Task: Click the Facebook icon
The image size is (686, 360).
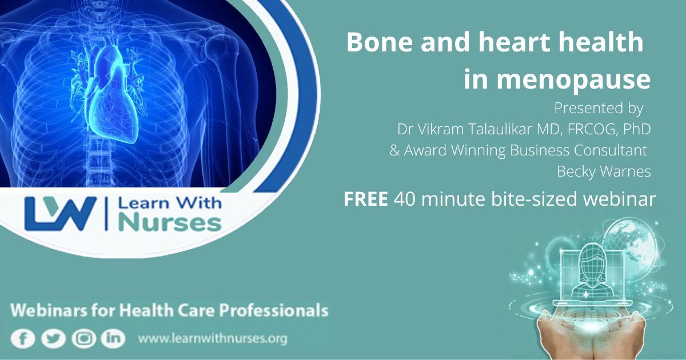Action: pyautogui.click(x=23, y=339)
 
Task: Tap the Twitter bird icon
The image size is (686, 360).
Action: pyautogui.click(x=53, y=339)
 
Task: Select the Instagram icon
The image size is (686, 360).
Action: pyautogui.click(x=83, y=339)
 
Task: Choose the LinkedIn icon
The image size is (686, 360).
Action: pyautogui.click(x=113, y=339)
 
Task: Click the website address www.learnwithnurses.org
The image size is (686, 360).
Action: pyautogui.click(x=213, y=338)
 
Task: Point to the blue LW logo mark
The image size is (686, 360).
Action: pyautogui.click(x=60, y=213)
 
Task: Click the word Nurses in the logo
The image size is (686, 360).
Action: pyautogui.click(x=170, y=223)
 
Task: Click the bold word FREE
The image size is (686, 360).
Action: pyautogui.click(x=366, y=199)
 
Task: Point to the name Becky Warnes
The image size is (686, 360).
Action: pyautogui.click(x=604, y=171)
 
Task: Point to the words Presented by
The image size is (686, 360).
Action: pyautogui.click(x=599, y=109)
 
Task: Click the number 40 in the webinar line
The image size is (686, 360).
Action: pyautogui.click(x=405, y=199)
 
